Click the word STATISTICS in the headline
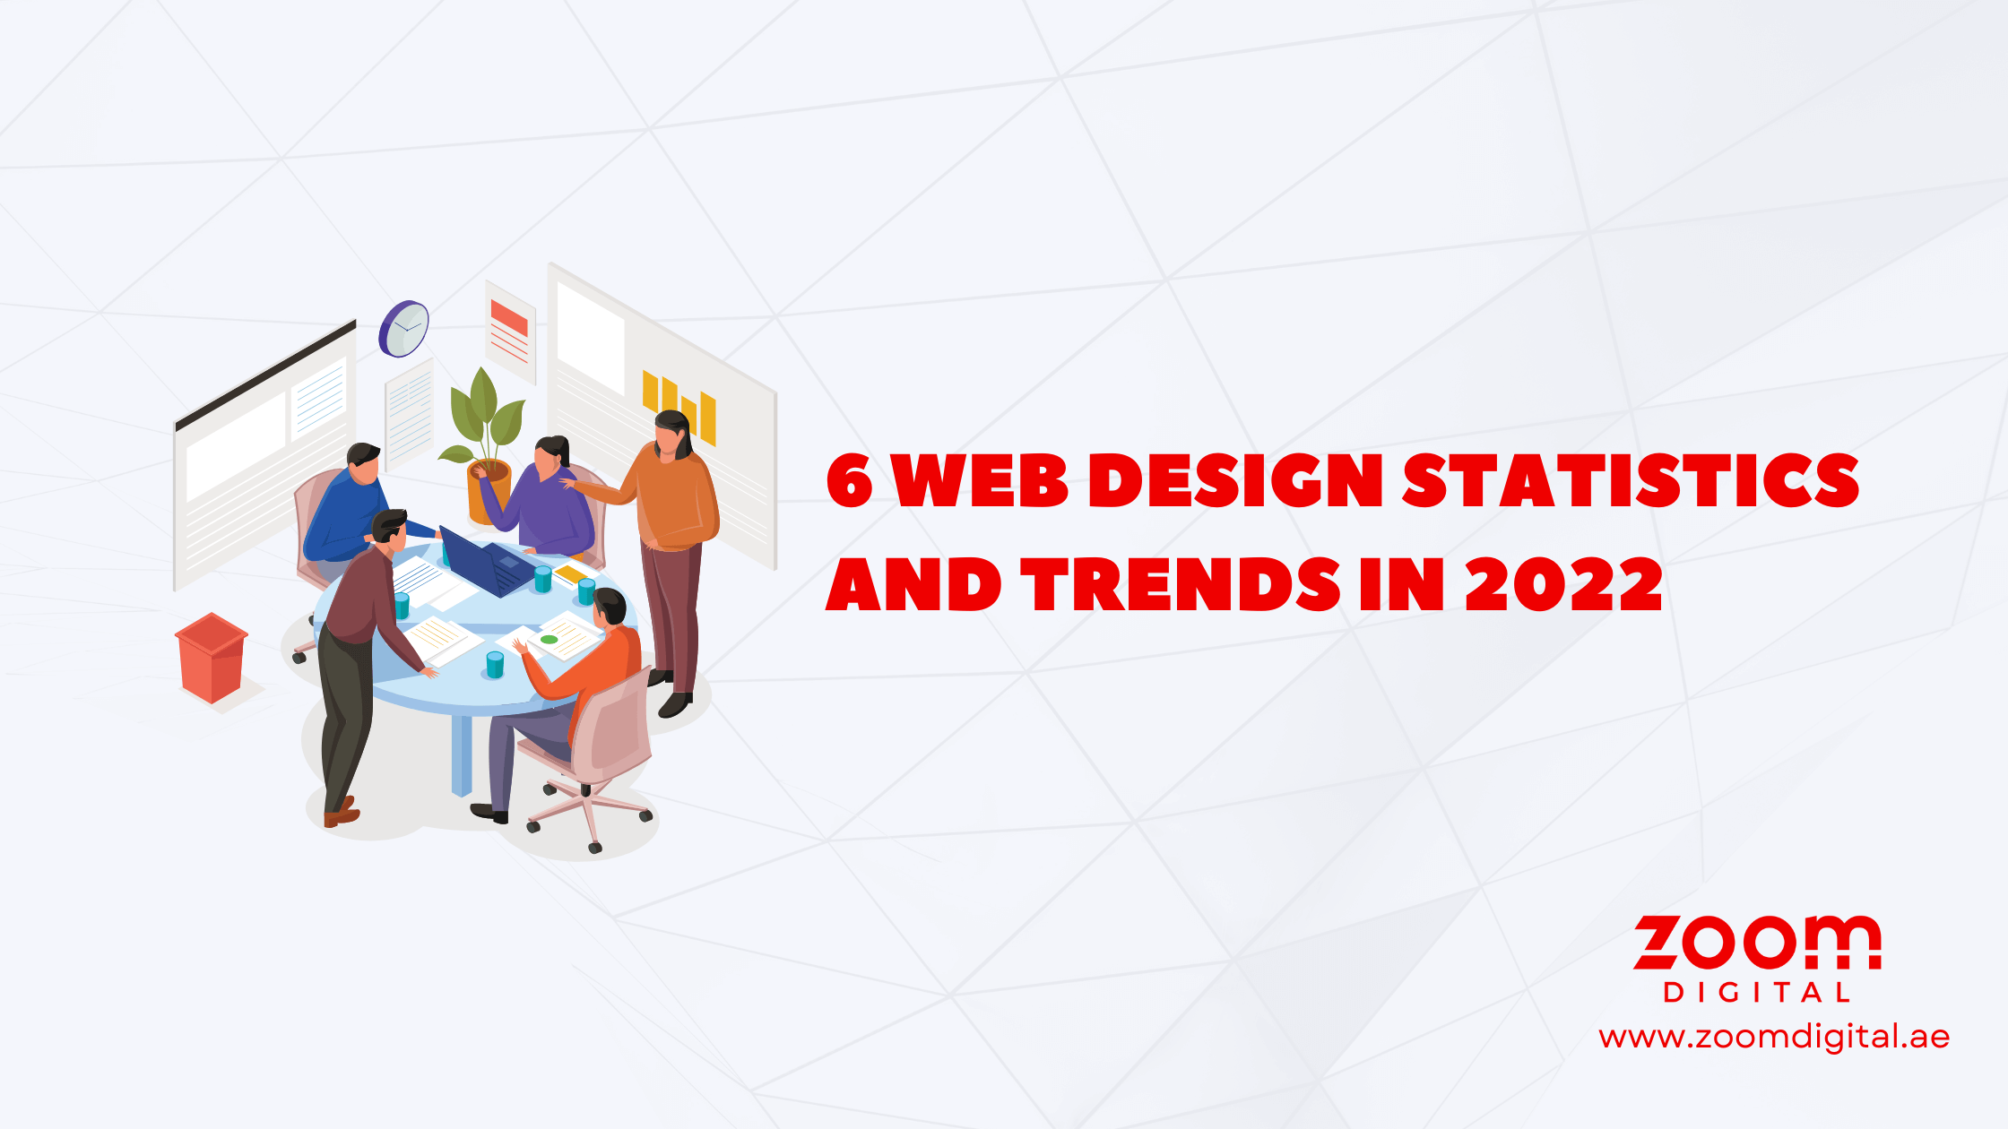point(1631,480)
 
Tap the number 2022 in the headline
point(1563,585)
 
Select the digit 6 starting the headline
point(848,481)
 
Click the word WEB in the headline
point(981,480)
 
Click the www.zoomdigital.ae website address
point(1774,1037)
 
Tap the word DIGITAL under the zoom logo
point(1756,993)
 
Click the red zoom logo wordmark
point(1757,943)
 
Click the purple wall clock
point(404,328)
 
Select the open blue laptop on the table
point(487,563)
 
